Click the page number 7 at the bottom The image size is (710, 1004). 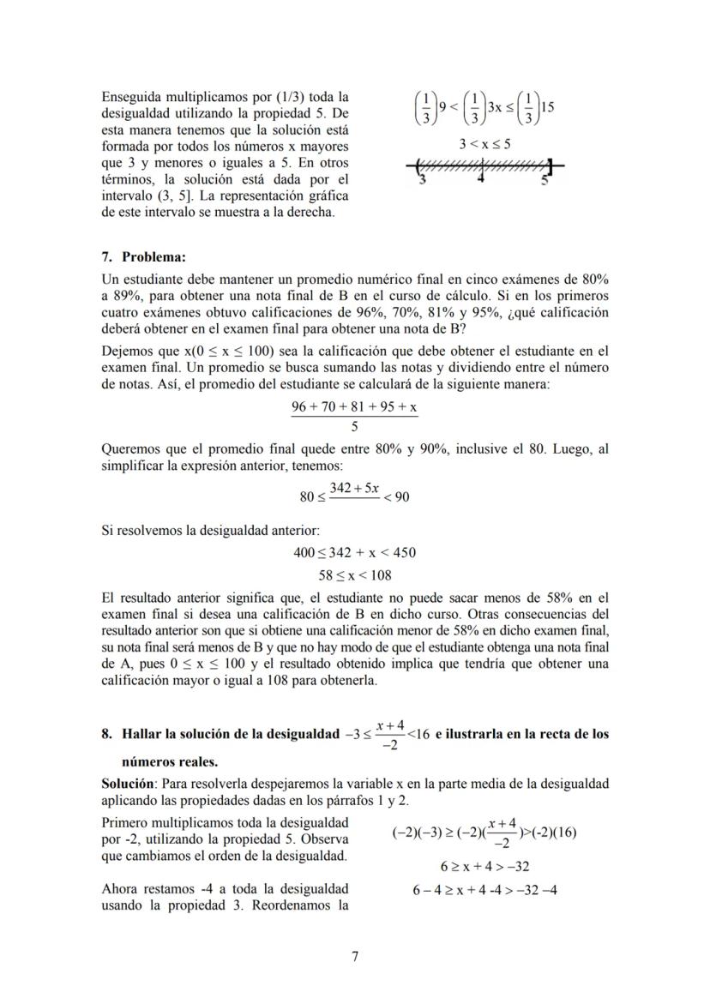355,957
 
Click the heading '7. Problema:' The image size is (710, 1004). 143,256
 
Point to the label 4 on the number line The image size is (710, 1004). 481,178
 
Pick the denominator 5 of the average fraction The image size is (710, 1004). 355,426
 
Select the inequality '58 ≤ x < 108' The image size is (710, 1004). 355,575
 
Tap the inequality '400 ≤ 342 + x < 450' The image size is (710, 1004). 355,553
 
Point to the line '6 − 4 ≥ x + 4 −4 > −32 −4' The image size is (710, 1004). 485,889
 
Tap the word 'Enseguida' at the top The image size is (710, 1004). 131,96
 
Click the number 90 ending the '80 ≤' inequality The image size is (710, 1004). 401,496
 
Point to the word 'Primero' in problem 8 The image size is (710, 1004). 123,823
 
